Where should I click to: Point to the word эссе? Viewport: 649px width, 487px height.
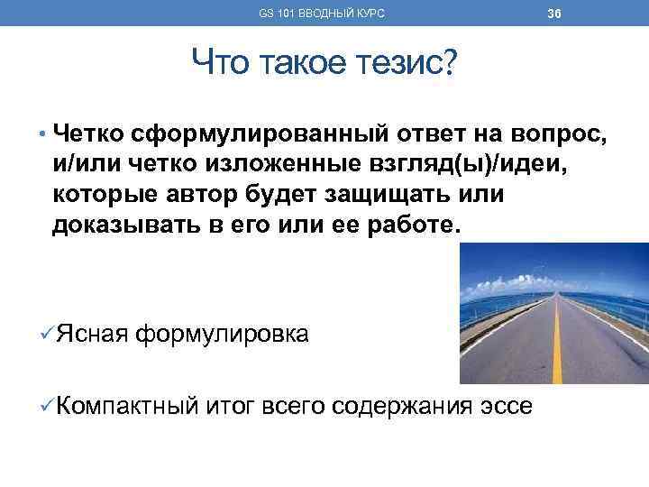click(505, 405)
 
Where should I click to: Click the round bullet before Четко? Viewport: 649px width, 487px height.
click(42, 136)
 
